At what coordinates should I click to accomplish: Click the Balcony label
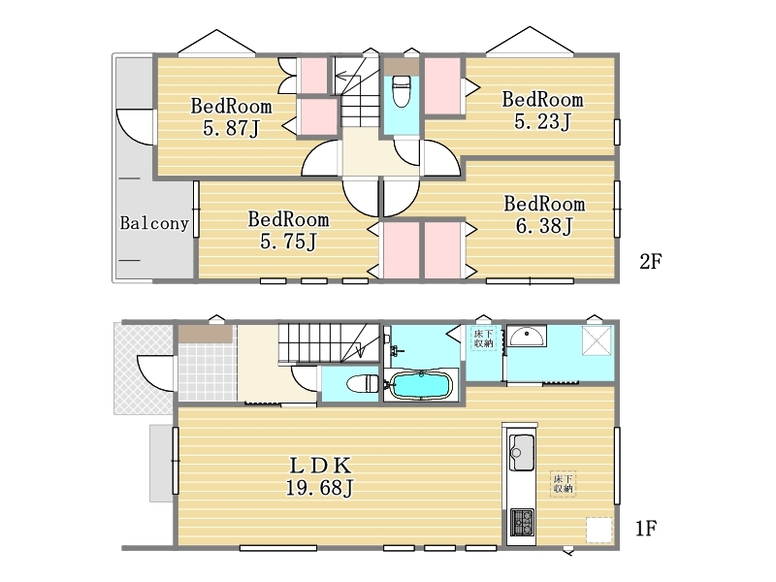pos(154,223)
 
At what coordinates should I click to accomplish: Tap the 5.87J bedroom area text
pos(231,129)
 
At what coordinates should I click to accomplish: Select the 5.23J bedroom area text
pos(543,122)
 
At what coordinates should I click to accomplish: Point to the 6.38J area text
pos(544,226)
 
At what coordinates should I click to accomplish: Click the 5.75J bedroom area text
pos(288,242)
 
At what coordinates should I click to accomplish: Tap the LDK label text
pos(320,466)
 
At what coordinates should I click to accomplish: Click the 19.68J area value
pos(320,489)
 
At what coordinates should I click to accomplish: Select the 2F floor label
pos(650,261)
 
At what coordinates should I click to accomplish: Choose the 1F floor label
pos(646,529)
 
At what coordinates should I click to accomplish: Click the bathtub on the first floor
pos(421,385)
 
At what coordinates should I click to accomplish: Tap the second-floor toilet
pos(401,90)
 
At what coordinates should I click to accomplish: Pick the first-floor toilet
pos(362,383)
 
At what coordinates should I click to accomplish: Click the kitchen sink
pos(521,452)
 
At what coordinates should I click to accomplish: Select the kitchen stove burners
pos(522,523)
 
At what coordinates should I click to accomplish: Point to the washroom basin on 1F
pos(527,336)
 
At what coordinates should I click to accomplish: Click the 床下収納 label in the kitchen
pos(563,483)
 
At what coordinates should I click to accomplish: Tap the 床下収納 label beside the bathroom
pos(483,338)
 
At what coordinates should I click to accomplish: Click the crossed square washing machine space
pos(598,340)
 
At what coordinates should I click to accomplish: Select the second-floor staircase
pos(354,91)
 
